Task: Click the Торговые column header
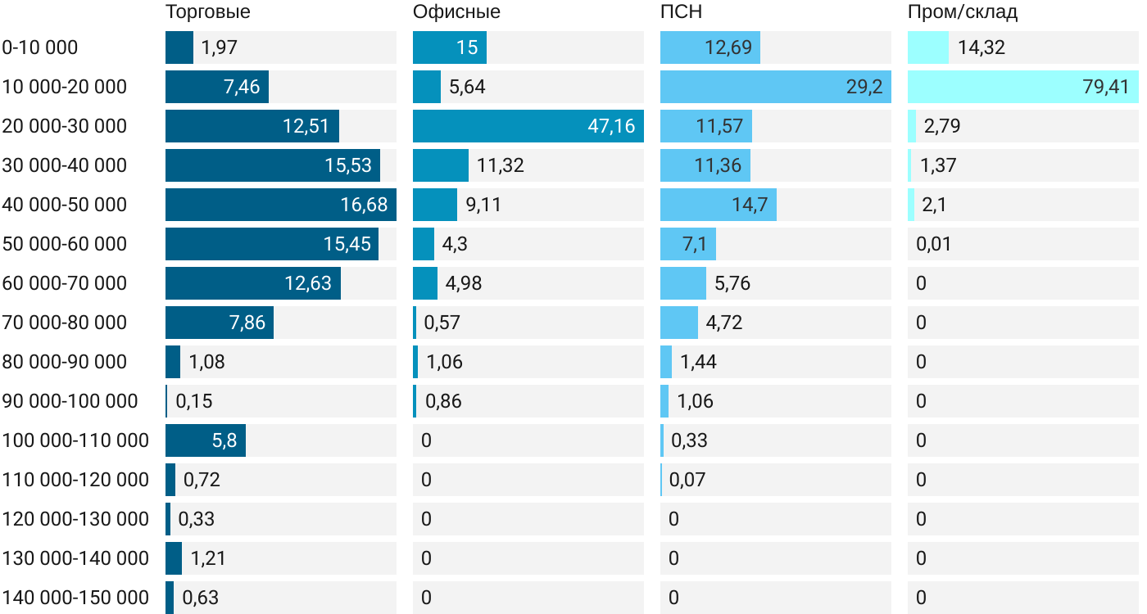207,12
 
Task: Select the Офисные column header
456,12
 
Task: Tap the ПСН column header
681,12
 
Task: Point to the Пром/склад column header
963,12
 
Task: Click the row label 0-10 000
40,47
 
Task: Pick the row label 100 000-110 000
75,440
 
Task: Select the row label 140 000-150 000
75,598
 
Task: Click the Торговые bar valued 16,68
281,205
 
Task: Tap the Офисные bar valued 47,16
528,126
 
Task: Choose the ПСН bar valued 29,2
776,87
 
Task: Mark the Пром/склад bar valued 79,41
1023,87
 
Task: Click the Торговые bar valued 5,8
206,440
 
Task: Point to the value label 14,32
981,47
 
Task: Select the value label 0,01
934,244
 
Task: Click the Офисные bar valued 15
450,47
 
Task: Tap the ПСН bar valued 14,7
719,205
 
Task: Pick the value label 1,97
219,47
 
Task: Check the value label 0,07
687,480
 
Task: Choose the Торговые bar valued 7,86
220,323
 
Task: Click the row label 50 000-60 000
65,244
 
